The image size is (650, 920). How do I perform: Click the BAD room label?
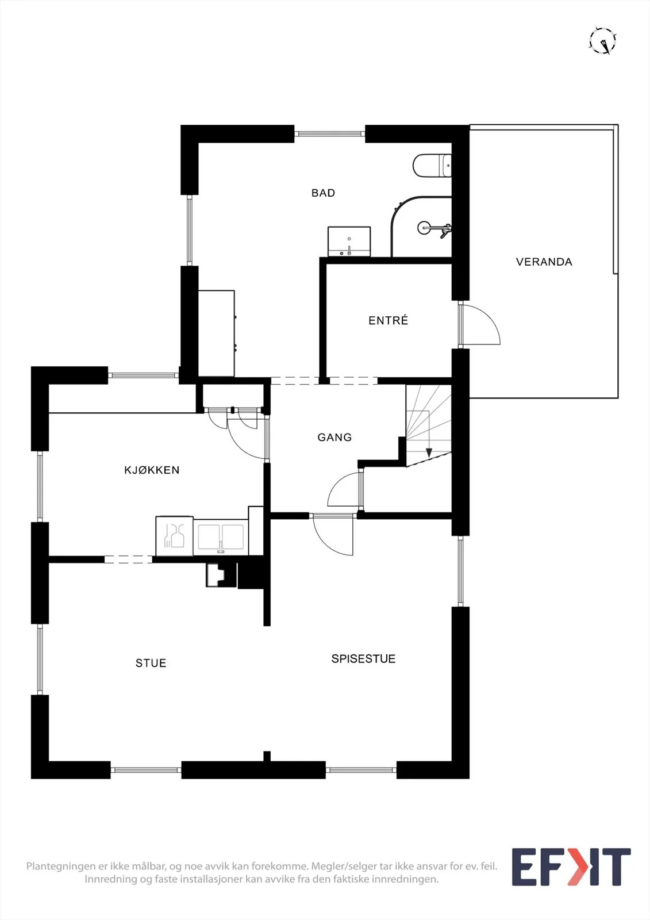[323, 193]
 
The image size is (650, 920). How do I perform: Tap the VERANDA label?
[544, 262]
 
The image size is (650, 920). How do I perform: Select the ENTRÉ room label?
[389, 320]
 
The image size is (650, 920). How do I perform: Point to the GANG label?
[334, 437]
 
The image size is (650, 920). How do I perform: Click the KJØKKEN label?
[152, 470]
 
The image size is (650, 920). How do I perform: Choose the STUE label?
[151, 663]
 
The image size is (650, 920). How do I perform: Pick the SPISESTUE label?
[363, 658]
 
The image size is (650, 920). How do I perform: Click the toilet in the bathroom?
[432, 166]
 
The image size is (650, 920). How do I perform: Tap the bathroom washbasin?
[349, 241]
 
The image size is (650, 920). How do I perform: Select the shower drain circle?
[425, 228]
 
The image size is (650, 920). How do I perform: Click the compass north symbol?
[603, 41]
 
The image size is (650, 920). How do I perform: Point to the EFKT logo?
[571, 867]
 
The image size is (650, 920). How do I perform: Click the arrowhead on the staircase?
[429, 453]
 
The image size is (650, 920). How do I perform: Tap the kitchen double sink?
[221, 538]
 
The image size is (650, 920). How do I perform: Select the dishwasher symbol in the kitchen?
[175, 536]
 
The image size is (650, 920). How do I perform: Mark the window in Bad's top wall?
[330, 133]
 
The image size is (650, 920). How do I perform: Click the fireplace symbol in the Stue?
[221, 574]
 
